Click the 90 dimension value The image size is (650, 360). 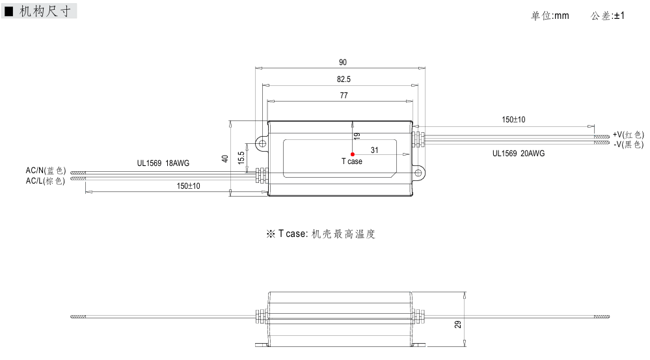[x=343, y=62]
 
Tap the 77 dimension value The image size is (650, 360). [x=344, y=96]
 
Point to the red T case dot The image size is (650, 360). [x=353, y=154]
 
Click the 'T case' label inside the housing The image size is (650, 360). [x=351, y=161]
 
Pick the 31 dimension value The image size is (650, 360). [x=375, y=150]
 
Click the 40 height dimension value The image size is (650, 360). [x=225, y=158]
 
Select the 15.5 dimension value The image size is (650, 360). [x=241, y=158]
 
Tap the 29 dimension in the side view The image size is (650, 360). [x=459, y=324]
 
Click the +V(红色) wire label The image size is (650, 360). [x=628, y=134]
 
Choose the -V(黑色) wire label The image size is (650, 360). [x=628, y=144]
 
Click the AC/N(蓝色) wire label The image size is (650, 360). [x=46, y=171]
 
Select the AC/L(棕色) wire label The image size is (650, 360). [x=46, y=180]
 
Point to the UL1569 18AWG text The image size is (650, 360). [x=163, y=164]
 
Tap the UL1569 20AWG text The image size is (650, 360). [x=519, y=154]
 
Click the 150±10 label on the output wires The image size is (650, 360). [x=513, y=120]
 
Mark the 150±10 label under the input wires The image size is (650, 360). [x=188, y=186]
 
